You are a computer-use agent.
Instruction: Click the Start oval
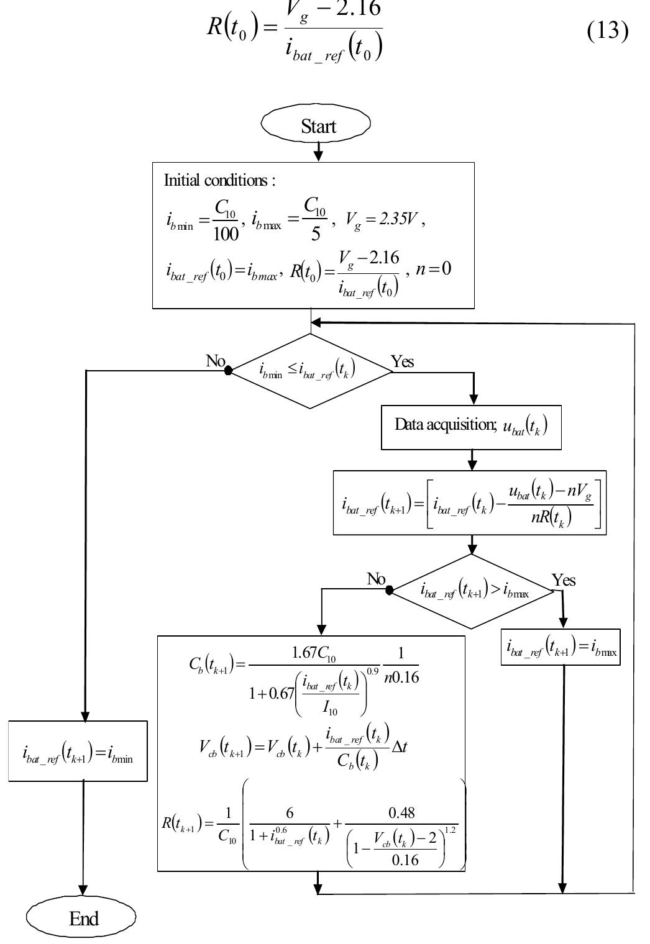click(316, 125)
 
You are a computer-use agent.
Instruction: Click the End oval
click(81, 918)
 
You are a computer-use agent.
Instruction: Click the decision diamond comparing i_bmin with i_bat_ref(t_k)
click(311, 371)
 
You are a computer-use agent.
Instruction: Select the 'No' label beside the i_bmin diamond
click(215, 361)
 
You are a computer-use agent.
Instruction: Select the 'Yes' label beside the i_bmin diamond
click(402, 361)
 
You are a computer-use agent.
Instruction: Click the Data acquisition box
click(470, 427)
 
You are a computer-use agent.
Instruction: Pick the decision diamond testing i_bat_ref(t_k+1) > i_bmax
click(472, 591)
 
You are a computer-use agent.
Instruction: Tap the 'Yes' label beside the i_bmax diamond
click(564, 580)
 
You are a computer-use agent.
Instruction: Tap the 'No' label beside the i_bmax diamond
click(376, 579)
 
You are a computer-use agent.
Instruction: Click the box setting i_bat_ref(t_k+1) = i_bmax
click(561, 647)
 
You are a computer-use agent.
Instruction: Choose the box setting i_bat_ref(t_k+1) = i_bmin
click(78, 751)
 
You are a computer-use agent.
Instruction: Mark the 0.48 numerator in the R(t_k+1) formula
click(401, 812)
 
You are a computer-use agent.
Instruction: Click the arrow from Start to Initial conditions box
click(318, 152)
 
